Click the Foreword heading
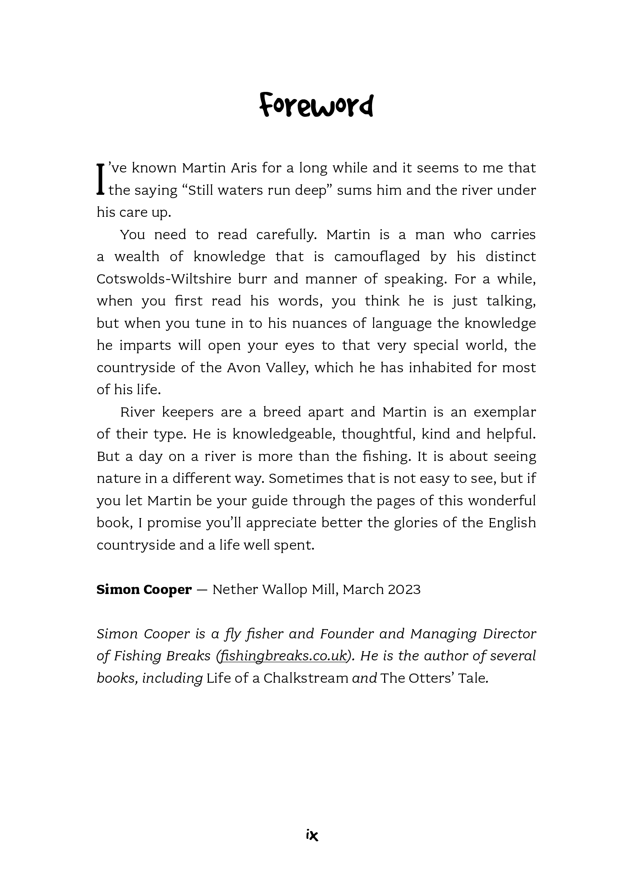coord(316,105)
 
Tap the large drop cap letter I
coord(100,179)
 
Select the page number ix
coord(312,835)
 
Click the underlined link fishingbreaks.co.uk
coord(283,656)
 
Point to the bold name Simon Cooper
coord(144,589)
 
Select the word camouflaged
coord(377,257)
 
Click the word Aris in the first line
coord(243,168)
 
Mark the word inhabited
coord(440,368)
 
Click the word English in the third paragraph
coord(511,523)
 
